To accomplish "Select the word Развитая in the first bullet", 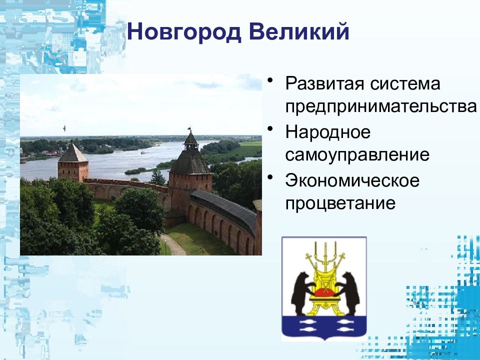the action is [324, 83].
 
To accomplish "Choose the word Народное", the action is [328, 132].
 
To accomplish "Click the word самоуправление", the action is [357, 154].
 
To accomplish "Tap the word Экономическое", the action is [352, 180].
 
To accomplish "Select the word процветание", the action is [340, 202].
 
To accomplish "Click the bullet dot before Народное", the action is [269, 128].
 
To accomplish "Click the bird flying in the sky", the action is [64, 128].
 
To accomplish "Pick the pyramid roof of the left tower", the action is [73, 152].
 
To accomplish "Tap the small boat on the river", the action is [143, 152].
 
